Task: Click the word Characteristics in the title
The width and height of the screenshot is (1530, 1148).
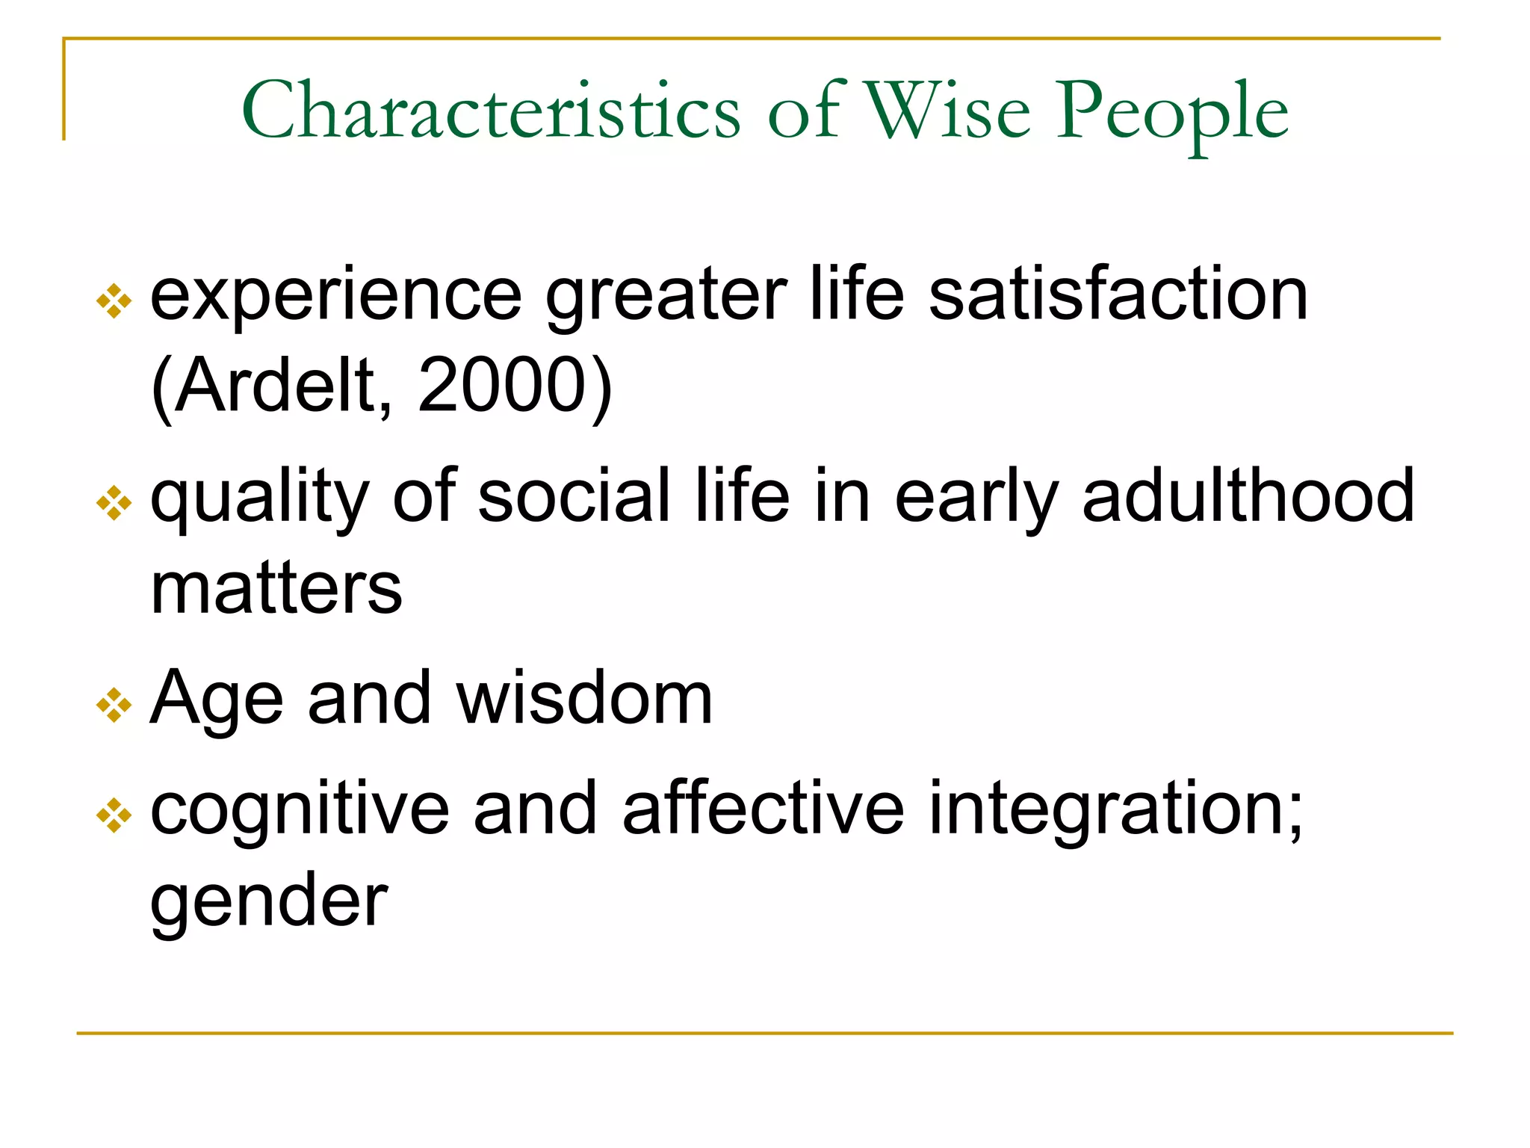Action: [491, 111]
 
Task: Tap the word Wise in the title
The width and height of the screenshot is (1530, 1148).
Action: [947, 111]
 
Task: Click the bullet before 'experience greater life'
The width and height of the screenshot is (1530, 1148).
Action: [114, 300]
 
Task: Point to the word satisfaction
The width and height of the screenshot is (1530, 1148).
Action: [1118, 294]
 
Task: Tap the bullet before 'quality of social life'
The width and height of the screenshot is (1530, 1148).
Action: [114, 502]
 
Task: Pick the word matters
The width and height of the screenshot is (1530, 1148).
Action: [276, 588]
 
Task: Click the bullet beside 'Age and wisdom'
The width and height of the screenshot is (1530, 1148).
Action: [114, 705]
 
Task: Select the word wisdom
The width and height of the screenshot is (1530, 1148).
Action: [584, 698]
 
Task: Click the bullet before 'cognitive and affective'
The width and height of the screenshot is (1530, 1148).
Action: [114, 815]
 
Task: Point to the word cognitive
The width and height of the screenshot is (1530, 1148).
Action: [300, 811]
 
